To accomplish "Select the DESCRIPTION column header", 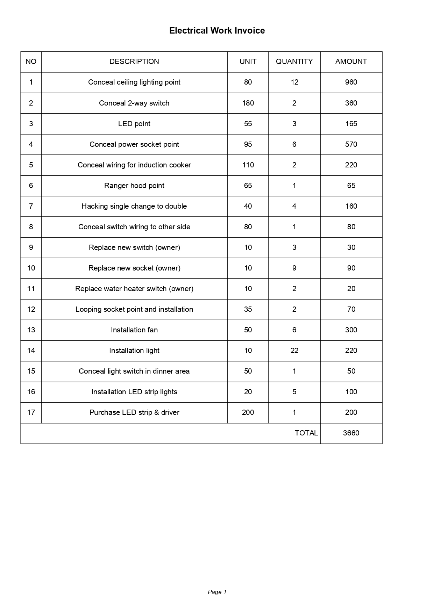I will [x=134, y=62].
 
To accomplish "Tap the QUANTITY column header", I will [x=294, y=62].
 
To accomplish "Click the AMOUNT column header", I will [x=351, y=62].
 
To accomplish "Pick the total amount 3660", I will [x=351, y=433].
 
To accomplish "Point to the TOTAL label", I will [x=306, y=433].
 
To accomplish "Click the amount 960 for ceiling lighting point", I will [x=351, y=82].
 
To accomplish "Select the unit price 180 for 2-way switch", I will [x=248, y=103].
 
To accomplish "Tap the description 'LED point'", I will [x=134, y=124].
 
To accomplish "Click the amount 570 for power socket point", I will [x=351, y=144].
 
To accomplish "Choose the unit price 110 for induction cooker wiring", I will [x=248, y=165].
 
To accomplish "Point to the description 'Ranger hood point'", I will [x=134, y=186].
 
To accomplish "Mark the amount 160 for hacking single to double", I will [x=351, y=206].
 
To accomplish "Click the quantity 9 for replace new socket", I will [x=294, y=268].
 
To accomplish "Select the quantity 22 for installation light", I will [x=294, y=351].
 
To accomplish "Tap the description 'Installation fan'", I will [x=134, y=330].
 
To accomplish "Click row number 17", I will [x=31, y=412].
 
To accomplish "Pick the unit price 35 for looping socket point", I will [x=248, y=309].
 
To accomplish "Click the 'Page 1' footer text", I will [x=217, y=592].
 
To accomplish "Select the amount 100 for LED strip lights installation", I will [x=351, y=392].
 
